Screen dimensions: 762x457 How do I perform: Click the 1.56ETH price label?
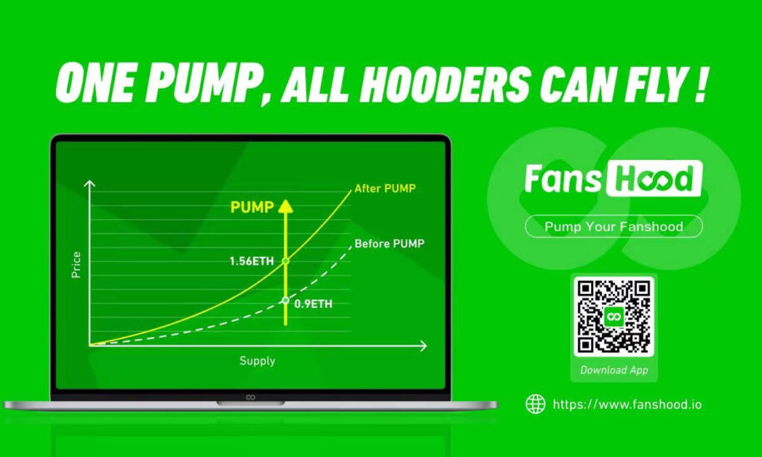pos(252,261)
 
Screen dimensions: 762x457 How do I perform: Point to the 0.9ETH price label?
pos(313,304)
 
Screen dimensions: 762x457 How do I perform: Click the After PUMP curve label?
pos(385,188)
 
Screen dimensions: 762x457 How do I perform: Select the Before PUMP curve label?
pos(389,243)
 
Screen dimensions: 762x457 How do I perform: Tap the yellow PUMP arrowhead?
pos(286,206)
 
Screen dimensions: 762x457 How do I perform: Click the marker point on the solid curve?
pos(286,261)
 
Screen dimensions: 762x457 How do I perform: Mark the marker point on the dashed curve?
pos(286,301)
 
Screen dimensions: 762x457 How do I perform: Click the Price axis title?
pos(76,265)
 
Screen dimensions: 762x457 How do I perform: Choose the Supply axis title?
pos(257,360)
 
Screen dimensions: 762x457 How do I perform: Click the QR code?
pos(614,316)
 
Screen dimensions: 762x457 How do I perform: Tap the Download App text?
pos(614,370)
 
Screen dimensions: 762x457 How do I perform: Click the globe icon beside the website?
pos(535,404)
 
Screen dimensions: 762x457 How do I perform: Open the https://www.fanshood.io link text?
pos(627,404)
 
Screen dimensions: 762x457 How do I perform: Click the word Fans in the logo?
pos(563,178)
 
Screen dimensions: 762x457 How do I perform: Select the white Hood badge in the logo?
pos(654,178)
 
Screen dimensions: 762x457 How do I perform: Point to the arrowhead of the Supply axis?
pos(423,345)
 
